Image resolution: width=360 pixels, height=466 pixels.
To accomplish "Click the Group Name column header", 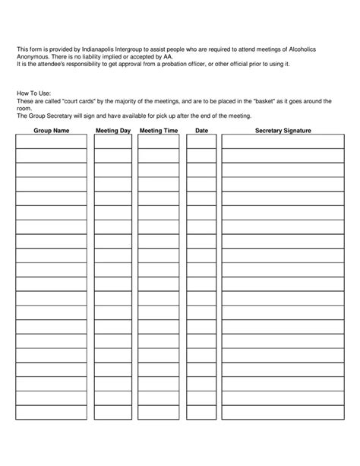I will click(51, 132).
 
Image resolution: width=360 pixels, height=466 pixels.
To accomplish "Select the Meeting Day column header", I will click(113, 132).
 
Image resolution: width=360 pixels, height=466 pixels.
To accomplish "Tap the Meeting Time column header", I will click(159, 132).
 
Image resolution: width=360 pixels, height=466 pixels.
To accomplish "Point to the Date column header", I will click(201, 132).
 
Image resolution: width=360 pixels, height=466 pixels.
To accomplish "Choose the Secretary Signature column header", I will click(283, 132).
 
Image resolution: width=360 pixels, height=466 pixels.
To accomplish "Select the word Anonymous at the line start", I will click(33, 56).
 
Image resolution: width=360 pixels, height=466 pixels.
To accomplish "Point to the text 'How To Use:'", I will click(33, 94).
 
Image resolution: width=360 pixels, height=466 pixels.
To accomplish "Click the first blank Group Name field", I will click(51, 142).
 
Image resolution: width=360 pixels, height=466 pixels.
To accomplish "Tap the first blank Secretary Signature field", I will click(283, 142).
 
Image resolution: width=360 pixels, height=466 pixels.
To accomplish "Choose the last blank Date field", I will click(201, 413).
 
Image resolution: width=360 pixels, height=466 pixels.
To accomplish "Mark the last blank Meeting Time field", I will click(159, 413).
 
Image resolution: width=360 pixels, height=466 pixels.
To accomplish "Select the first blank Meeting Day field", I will click(113, 142).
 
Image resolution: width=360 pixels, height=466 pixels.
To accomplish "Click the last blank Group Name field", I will click(51, 413).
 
